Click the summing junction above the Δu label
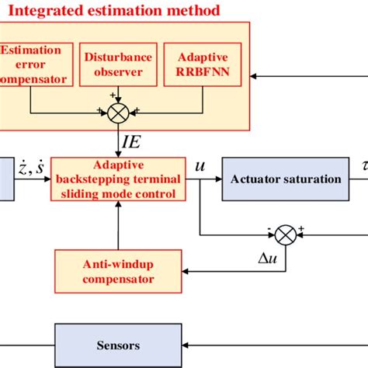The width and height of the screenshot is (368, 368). pos(286,231)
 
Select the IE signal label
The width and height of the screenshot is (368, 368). pos(131,142)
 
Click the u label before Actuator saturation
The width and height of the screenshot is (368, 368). pos(201,166)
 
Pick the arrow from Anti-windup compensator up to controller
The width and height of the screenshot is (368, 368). pos(118,231)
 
